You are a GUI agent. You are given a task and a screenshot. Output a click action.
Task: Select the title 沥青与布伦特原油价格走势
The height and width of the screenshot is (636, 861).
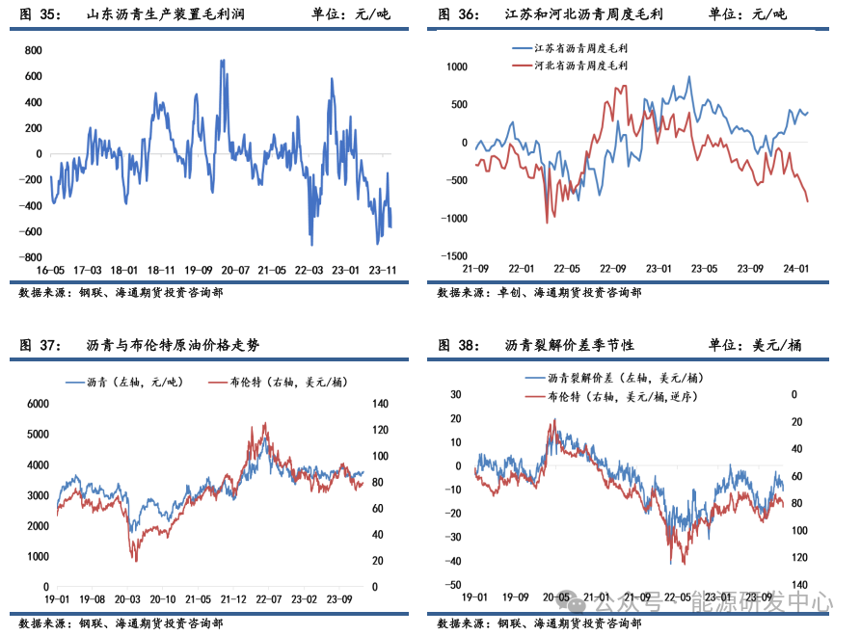pyautogui.click(x=173, y=345)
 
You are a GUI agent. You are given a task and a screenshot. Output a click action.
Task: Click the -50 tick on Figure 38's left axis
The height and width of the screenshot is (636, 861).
pyautogui.click(x=451, y=585)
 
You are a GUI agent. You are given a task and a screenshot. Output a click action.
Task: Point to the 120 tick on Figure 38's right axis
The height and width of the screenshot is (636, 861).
pyautogui.click(x=799, y=558)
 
